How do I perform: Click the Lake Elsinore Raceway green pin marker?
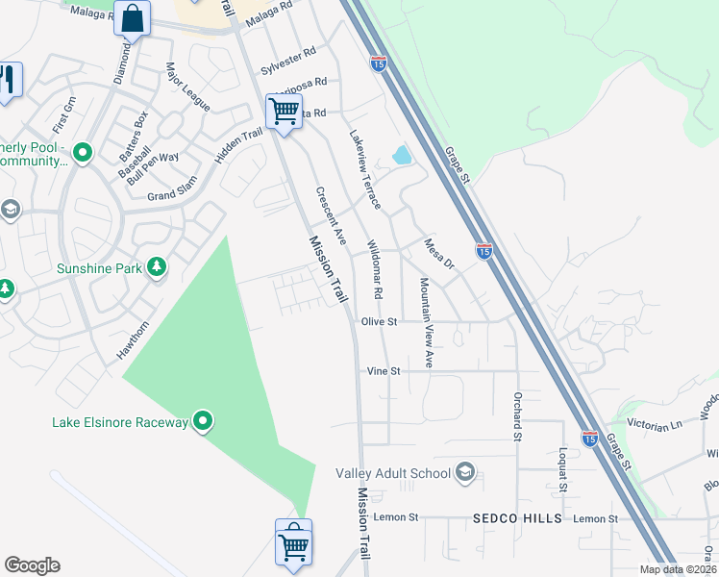point(203,421)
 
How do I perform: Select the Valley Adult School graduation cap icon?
point(465,472)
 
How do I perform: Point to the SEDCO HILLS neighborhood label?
point(517,518)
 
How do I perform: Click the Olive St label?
point(380,322)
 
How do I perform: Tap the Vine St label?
point(383,370)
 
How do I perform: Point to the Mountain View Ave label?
point(425,323)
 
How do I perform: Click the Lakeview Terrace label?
point(365,170)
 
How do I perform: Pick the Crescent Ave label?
point(330,214)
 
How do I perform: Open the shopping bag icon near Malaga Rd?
point(133,17)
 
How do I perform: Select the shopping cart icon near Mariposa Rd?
point(284,112)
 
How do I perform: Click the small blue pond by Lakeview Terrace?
point(402,155)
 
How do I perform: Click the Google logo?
point(32,564)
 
